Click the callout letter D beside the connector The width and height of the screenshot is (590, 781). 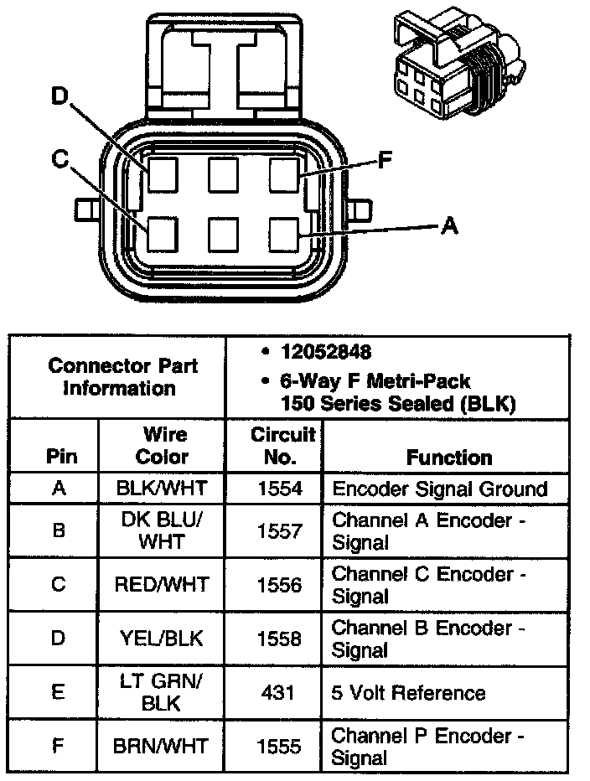[x=58, y=97]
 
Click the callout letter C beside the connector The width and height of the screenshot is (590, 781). [x=58, y=159]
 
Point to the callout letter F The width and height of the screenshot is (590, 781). [x=385, y=159]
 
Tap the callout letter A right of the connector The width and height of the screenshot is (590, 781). [x=449, y=225]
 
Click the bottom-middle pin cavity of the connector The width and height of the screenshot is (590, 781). [x=224, y=235]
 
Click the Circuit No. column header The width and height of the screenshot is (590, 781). [x=283, y=446]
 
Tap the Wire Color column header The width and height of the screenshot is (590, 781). [x=163, y=446]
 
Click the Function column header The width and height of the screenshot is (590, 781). [x=449, y=458]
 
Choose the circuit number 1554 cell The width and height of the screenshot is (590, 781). [x=278, y=489]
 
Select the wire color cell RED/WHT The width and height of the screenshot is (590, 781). [x=163, y=584]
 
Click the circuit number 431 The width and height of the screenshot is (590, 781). [x=278, y=693]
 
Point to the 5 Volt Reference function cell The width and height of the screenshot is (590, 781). [x=409, y=693]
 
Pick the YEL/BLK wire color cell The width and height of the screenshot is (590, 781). [x=163, y=639]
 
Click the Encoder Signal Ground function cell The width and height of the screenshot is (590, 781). [x=439, y=489]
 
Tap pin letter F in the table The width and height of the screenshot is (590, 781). [x=58, y=746]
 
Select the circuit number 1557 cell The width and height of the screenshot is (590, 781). [x=278, y=531]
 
